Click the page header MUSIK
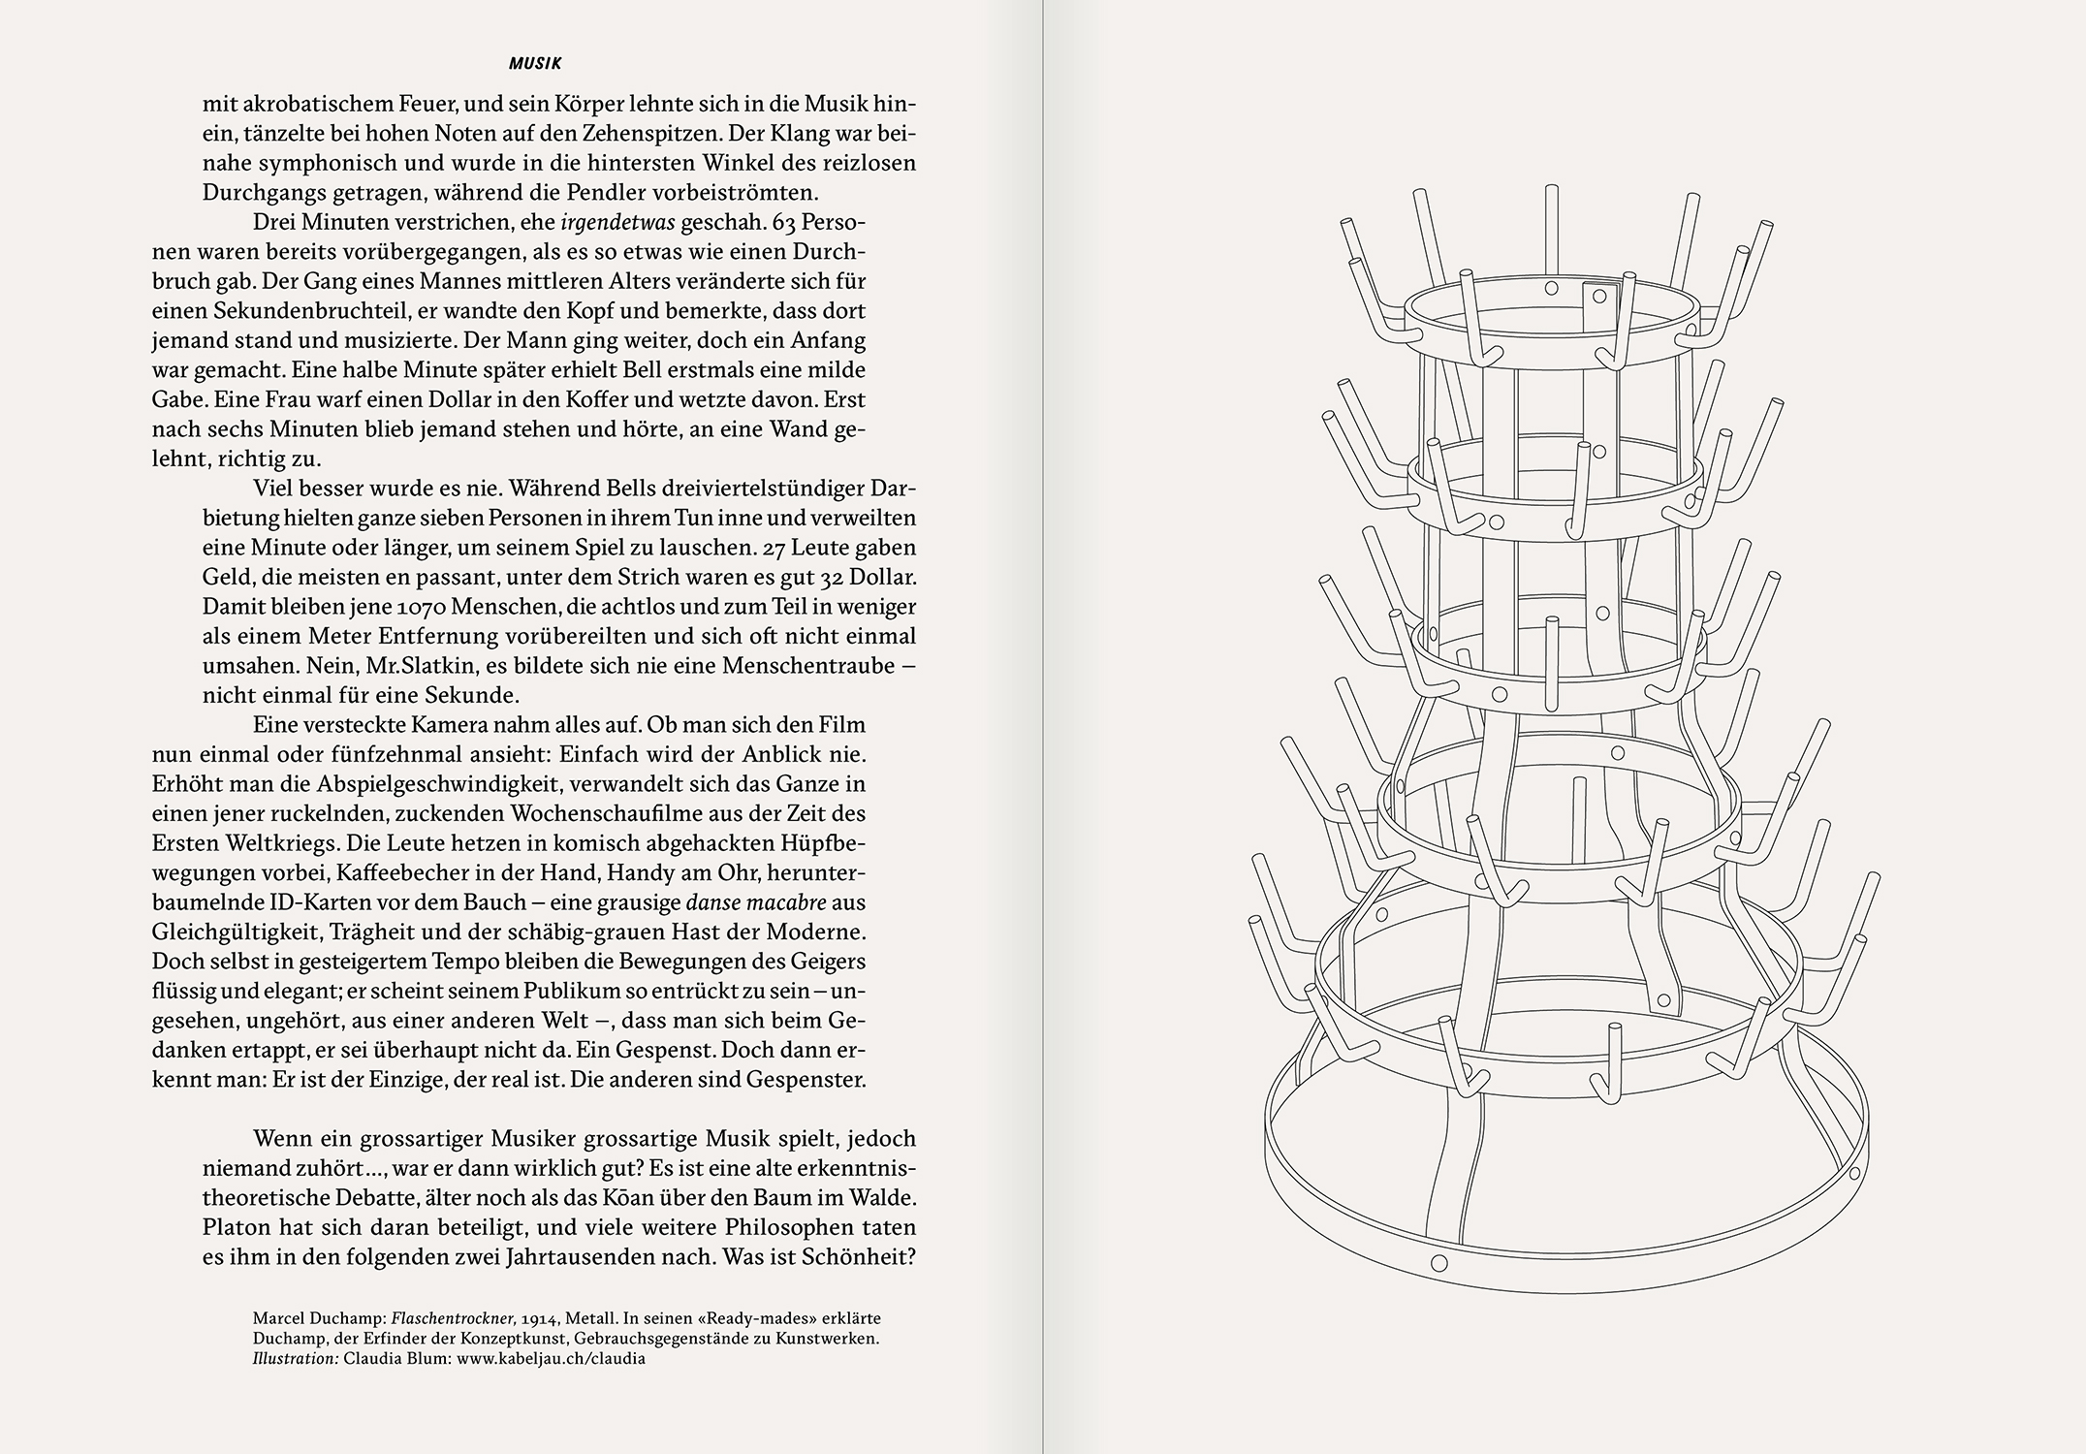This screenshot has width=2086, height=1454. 535,64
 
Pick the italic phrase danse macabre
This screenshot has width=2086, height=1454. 756,902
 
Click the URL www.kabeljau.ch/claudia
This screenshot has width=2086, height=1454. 551,1358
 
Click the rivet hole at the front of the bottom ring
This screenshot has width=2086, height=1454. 1438,1263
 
